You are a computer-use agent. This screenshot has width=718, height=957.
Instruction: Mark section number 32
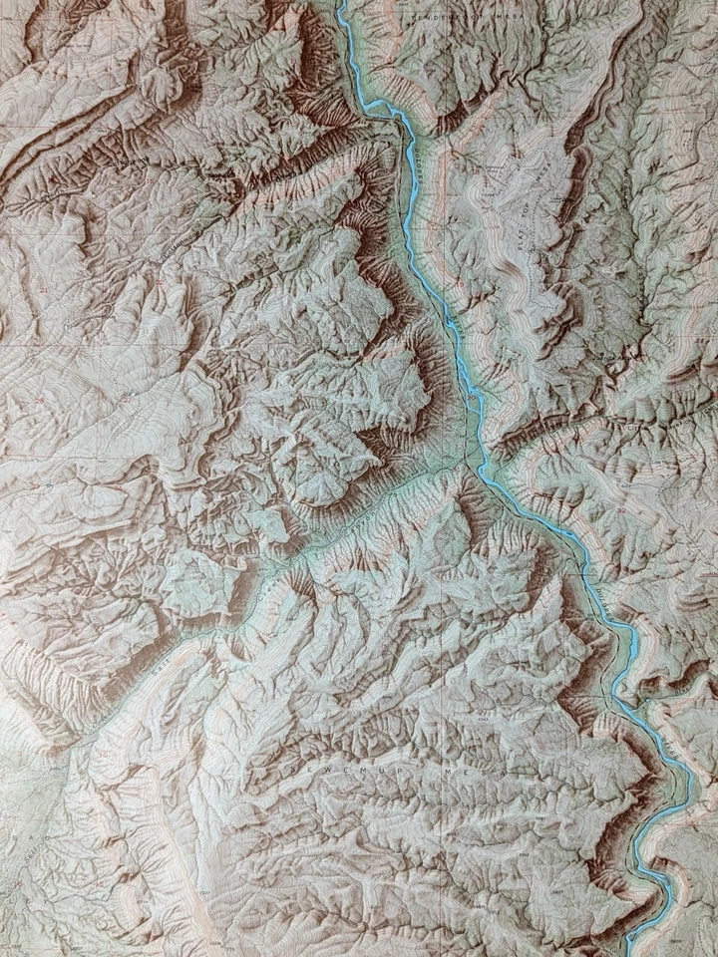click(622, 510)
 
